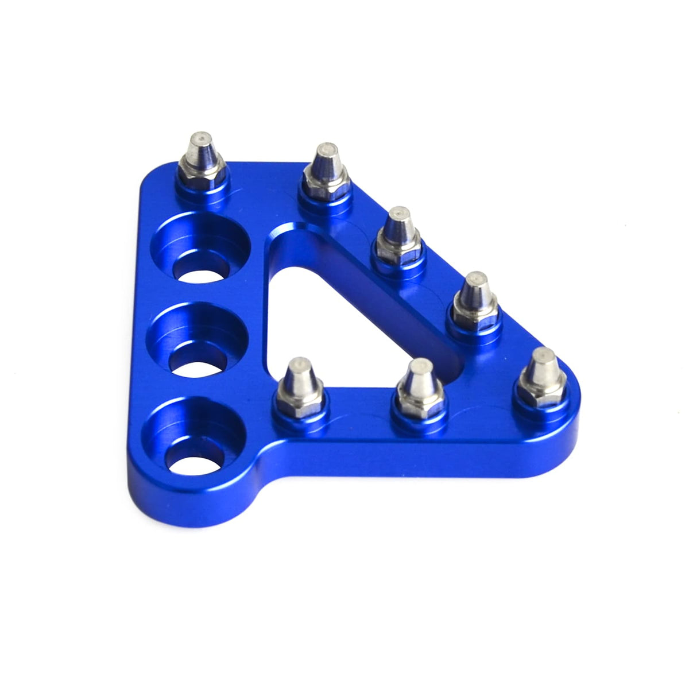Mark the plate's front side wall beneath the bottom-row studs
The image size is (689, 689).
402,462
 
